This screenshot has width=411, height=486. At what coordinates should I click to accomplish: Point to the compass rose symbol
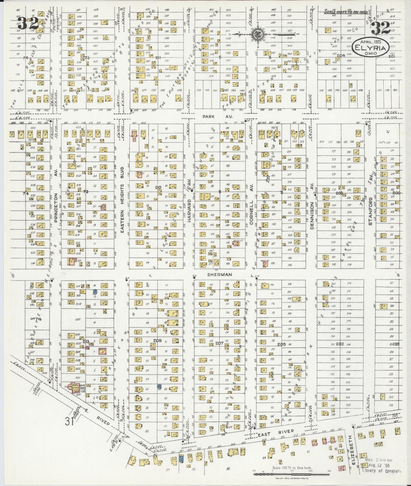(x=257, y=34)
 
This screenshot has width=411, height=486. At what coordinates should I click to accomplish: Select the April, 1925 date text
(x=370, y=41)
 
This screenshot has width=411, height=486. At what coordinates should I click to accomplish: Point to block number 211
(x=158, y=58)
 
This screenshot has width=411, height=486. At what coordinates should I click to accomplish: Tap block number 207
(x=219, y=343)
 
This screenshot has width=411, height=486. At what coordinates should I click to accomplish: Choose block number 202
(x=340, y=344)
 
